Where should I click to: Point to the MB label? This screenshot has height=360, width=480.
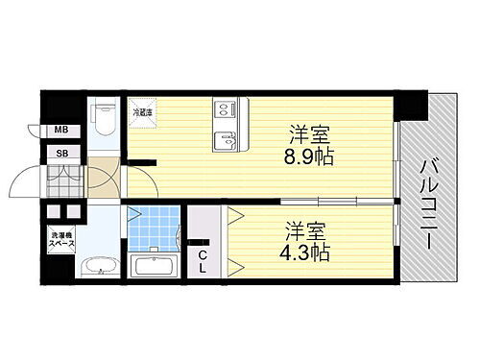click(x=61, y=131)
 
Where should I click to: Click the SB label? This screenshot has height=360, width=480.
click(x=61, y=153)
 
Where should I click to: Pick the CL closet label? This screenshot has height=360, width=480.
click(x=203, y=261)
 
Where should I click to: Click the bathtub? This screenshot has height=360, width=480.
click(x=152, y=266)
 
